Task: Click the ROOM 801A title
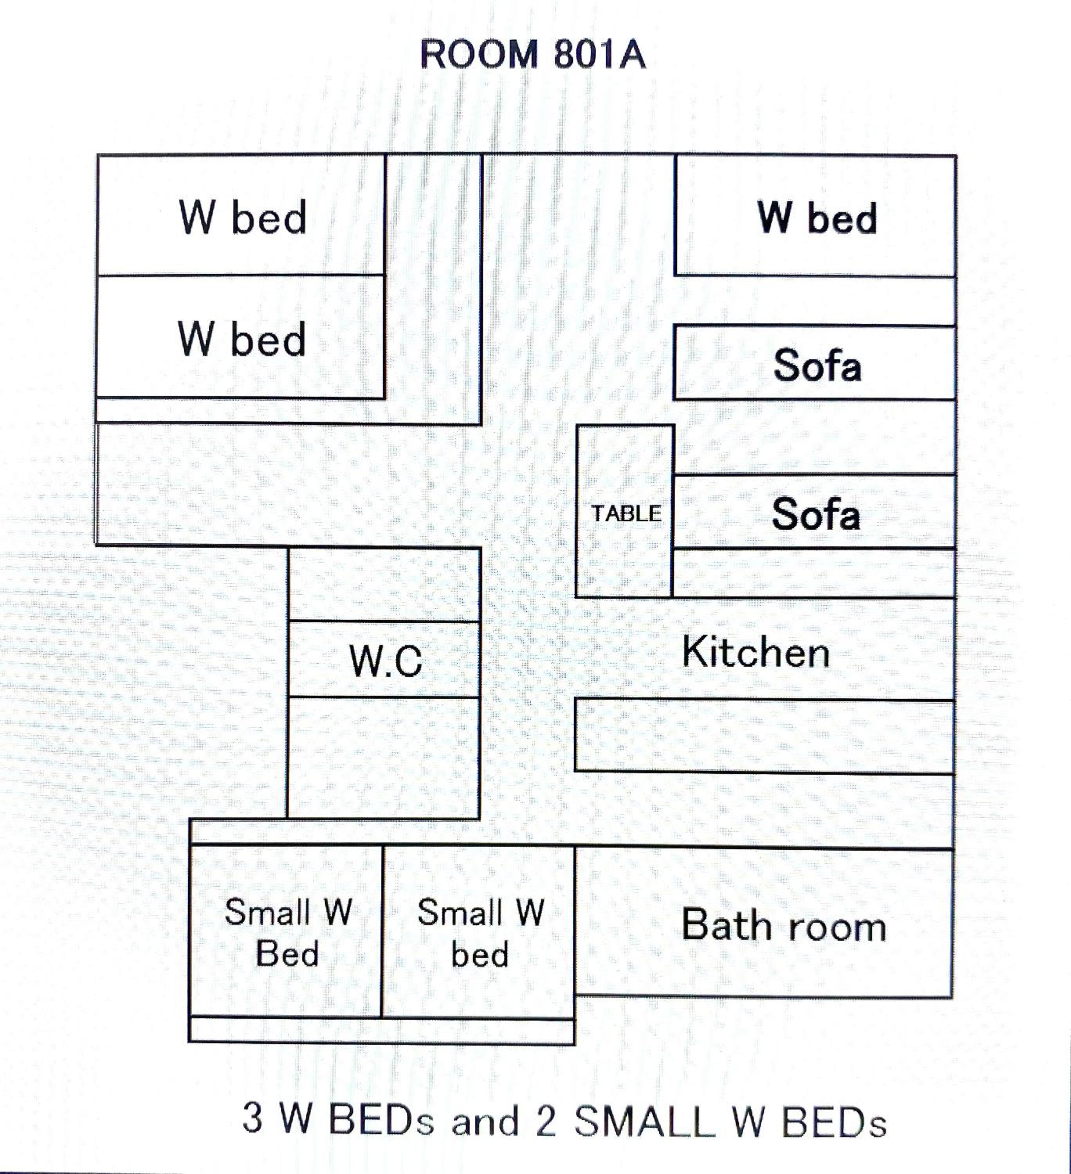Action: [533, 55]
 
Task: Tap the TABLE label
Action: [626, 513]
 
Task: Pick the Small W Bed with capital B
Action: [287, 932]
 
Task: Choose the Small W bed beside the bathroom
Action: [479, 932]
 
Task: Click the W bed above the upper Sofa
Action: [815, 216]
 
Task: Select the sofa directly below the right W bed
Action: [815, 364]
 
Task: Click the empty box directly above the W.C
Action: [384, 585]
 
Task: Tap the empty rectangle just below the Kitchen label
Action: [764, 736]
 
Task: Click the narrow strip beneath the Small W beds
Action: [381, 1030]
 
